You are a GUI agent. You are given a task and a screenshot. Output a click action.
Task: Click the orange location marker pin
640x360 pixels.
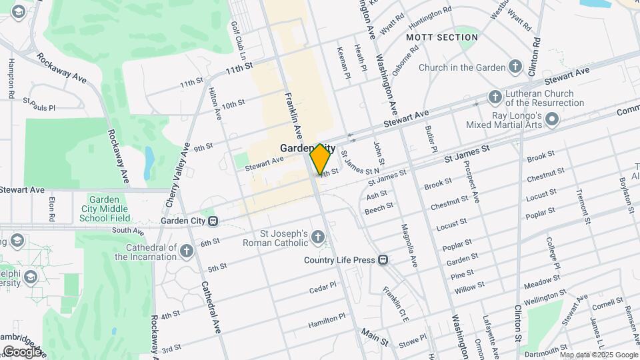[321, 159]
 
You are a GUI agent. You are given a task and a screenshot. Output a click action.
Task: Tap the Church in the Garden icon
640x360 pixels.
[515, 67]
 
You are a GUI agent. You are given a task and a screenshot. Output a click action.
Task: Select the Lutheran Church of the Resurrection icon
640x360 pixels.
[495, 98]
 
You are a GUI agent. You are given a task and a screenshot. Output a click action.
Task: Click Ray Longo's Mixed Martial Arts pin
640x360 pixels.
[551, 119]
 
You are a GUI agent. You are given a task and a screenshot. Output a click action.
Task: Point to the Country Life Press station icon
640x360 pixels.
[383, 260]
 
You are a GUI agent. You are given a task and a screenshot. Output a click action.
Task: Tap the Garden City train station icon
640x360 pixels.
[213, 221]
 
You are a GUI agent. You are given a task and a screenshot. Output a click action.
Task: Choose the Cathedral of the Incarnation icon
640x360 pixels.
[187, 251]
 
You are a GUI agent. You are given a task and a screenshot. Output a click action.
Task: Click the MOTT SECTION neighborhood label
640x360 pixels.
[442, 37]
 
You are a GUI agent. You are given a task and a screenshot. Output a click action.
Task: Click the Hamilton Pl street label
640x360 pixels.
[327, 321]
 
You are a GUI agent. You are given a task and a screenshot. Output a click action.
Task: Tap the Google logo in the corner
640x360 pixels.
[22, 351]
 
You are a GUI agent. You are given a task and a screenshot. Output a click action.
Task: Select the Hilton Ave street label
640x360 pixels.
[215, 103]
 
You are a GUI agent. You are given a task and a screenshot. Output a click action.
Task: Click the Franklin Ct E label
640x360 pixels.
[395, 304]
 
